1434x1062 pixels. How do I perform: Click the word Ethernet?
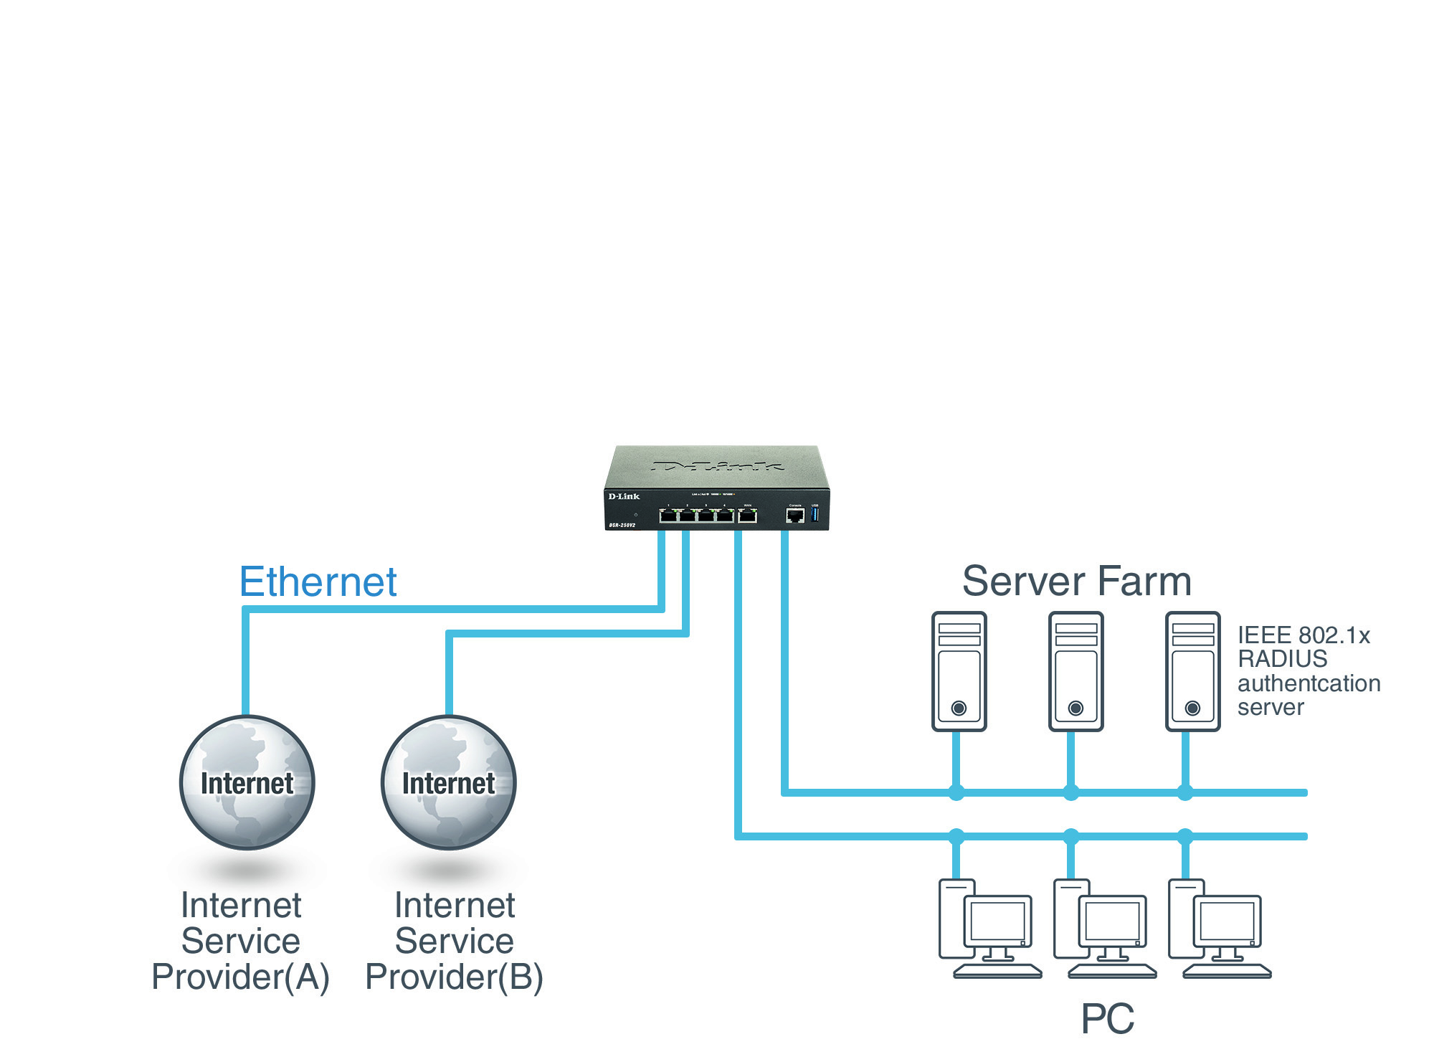tap(318, 582)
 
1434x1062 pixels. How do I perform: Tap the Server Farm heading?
tap(1076, 581)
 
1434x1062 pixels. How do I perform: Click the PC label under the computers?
tap(1107, 1018)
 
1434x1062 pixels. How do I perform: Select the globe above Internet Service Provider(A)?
tap(247, 782)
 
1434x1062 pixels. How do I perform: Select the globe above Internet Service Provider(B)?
tap(448, 782)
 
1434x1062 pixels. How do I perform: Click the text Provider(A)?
tap(240, 977)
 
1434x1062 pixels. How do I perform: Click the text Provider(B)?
tap(454, 977)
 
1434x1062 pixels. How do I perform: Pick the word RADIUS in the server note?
tap(1282, 659)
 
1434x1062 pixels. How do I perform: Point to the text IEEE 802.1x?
tap(1304, 635)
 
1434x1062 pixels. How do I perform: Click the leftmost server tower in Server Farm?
tap(959, 671)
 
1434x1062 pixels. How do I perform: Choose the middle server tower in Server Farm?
tap(1075, 671)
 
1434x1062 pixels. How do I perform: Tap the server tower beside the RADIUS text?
tap(1192, 671)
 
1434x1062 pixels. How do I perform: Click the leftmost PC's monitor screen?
tap(997, 921)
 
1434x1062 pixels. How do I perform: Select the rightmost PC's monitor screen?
tap(1227, 921)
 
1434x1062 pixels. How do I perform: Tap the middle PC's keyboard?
tap(1112, 972)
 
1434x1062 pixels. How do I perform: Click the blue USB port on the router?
tap(815, 514)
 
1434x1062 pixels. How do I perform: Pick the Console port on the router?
tap(795, 516)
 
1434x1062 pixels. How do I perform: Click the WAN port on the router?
tap(747, 515)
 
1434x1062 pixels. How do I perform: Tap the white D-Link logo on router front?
tap(624, 496)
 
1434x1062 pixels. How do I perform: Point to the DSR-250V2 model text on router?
tap(622, 526)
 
